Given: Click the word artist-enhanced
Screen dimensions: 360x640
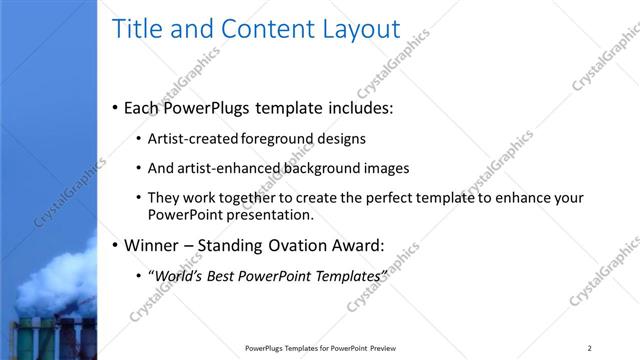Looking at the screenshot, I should (221, 168).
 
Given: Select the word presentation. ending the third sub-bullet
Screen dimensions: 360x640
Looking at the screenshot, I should (271, 214).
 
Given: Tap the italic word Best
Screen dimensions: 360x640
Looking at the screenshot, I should (225, 275).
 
